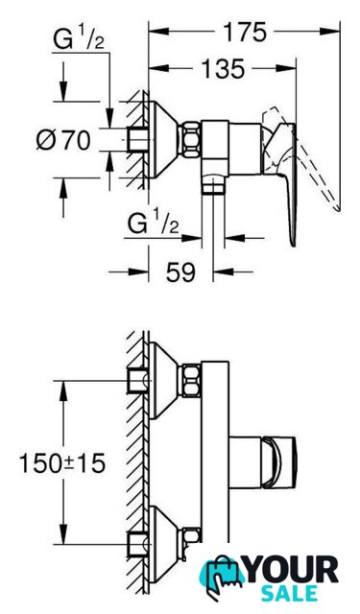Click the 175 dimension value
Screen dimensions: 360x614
pyautogui.click(x=245, y=32)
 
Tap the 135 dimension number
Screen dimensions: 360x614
pyautogui.click(x=224, y=69)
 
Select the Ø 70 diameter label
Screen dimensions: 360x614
pyautogui.click(x=63, y=140)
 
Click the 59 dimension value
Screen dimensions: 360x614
pyautogui.click(x=180, y=272)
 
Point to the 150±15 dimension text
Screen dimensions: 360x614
pyautogui.click(x=62, y=463)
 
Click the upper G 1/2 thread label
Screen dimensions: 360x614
pyautogui.click(x=79, y=39)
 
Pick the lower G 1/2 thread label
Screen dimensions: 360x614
pyautogui.click(x=154, y=224)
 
